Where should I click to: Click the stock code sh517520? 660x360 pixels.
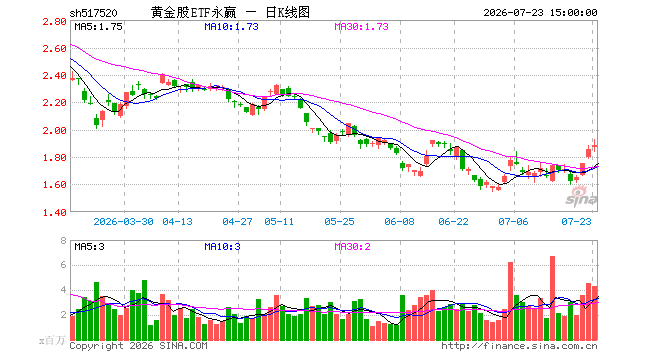coord(93,13)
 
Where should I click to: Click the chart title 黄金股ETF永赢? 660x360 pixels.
coord(194,13)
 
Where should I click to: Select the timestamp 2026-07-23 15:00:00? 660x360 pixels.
coord(540,13)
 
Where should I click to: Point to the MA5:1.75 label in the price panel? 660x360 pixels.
coord(98,27)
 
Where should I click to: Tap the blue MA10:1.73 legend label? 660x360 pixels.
coord(231,27)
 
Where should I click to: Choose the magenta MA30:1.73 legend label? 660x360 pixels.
coord(361,27)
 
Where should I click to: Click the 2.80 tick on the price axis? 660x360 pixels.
coord(54,21)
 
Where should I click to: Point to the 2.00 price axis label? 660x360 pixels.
coord(54,130)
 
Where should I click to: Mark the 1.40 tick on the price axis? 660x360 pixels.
coord(54,212)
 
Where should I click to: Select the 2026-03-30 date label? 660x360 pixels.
coord(123,221)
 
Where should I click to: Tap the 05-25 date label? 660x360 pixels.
coord(339,221)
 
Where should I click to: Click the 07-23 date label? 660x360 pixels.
coord(576,221)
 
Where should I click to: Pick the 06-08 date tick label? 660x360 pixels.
coord(399,221)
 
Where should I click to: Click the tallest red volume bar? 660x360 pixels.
coord(552,298)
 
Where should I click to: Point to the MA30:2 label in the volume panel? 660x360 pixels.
coord(352,246)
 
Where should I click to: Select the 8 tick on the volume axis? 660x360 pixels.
coord(63,241)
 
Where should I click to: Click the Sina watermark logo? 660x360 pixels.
coord(581,196)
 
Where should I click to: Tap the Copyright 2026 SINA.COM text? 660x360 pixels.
coord(138,346)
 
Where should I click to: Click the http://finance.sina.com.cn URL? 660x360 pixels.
coord(519,346)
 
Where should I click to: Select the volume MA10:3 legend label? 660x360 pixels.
coord(222,246)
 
